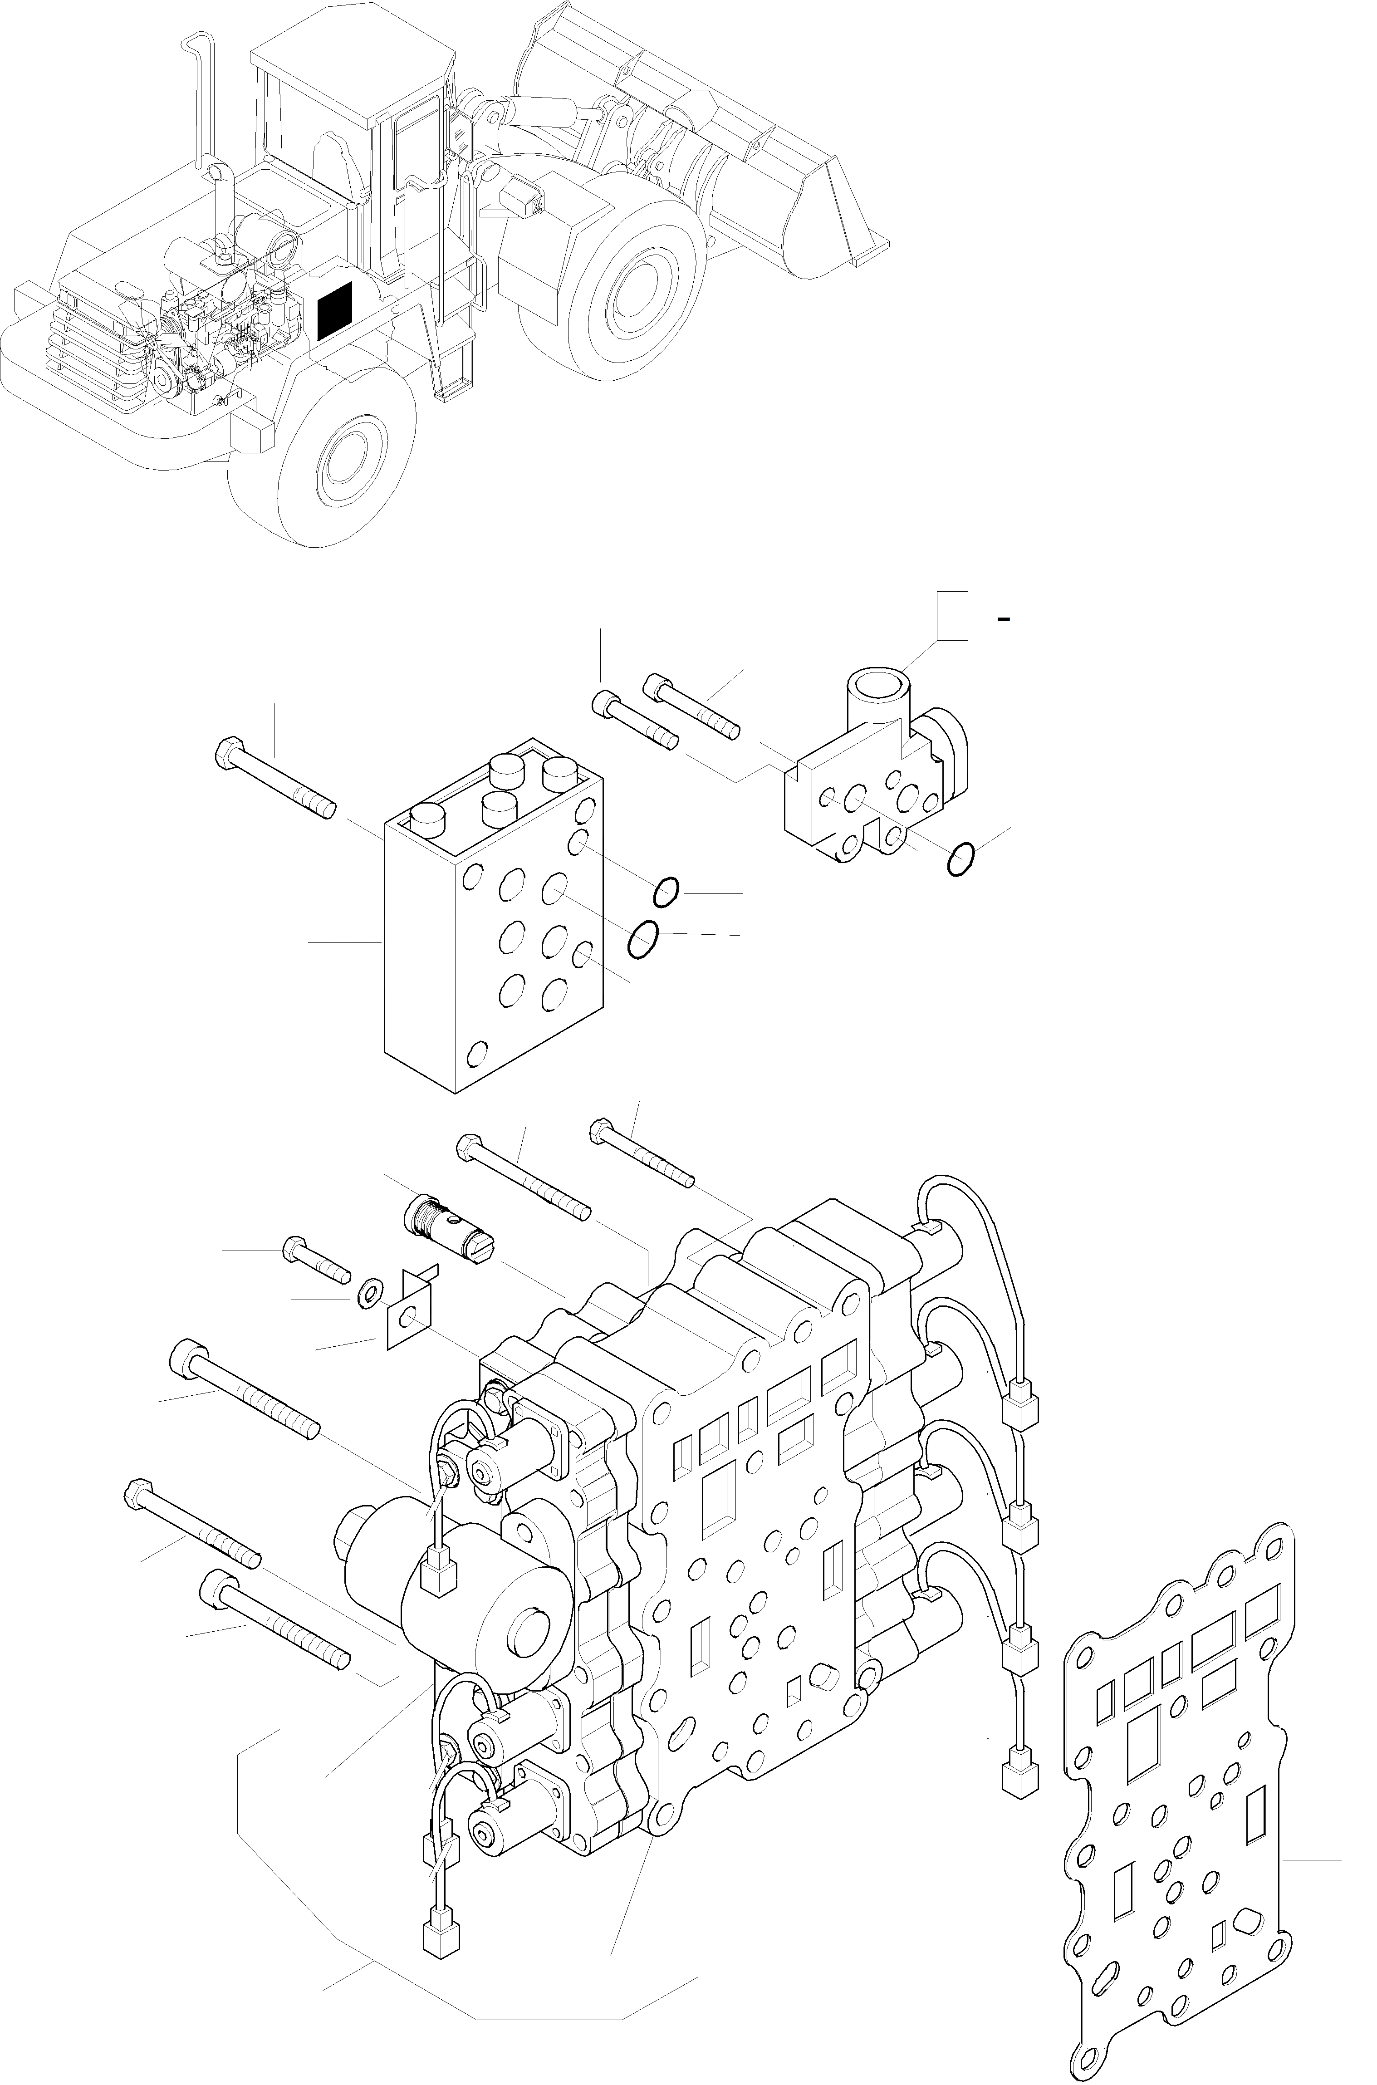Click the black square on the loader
tap(334, 311)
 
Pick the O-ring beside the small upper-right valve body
tap(961, 859)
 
